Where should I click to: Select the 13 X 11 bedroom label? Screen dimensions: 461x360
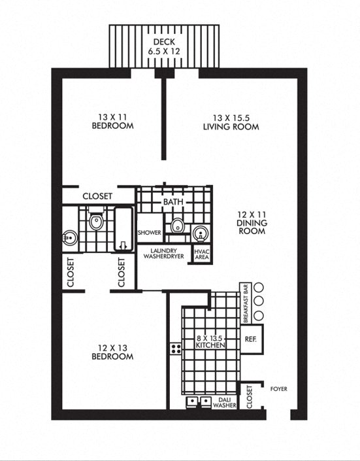[113, 122]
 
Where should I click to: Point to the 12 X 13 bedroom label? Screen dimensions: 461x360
[113, 352]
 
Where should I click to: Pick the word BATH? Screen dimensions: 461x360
[173, 203]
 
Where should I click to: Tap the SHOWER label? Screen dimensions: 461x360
[149, 233]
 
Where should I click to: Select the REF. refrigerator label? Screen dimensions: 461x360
[251, 340]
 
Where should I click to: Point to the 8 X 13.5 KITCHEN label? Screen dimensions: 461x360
[211, 341]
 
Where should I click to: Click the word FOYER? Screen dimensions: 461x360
[278, 389]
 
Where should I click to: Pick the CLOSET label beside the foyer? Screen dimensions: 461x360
[249, 396]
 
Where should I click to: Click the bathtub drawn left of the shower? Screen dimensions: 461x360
[122, 230]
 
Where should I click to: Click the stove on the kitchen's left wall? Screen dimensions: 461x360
[175, 348]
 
